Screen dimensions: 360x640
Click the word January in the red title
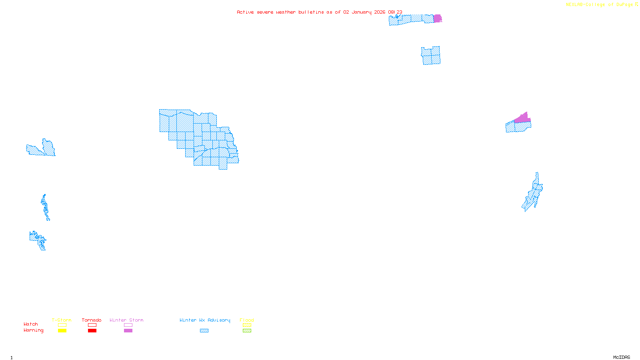[362, 12]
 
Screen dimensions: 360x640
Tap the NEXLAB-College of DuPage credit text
[599, 5]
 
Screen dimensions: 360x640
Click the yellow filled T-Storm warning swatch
[62, 331]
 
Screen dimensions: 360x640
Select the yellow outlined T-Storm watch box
[62, 325]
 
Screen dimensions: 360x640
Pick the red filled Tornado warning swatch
[92, 331]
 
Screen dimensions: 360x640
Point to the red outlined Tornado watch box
[92, 325]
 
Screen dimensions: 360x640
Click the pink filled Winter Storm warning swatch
[128, 331]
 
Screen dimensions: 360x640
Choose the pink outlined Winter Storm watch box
[128, 325]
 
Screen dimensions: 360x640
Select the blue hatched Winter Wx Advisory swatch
[204, 331]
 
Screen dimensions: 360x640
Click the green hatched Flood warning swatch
[247, 331]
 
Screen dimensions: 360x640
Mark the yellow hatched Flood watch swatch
[247, 325]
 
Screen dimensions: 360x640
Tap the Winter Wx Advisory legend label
[205, 320]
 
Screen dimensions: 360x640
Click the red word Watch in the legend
[31, 324]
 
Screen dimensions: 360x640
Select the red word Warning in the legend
[33, 330]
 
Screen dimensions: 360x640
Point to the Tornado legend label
[92, 320]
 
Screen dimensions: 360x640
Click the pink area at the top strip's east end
[438, 18]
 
